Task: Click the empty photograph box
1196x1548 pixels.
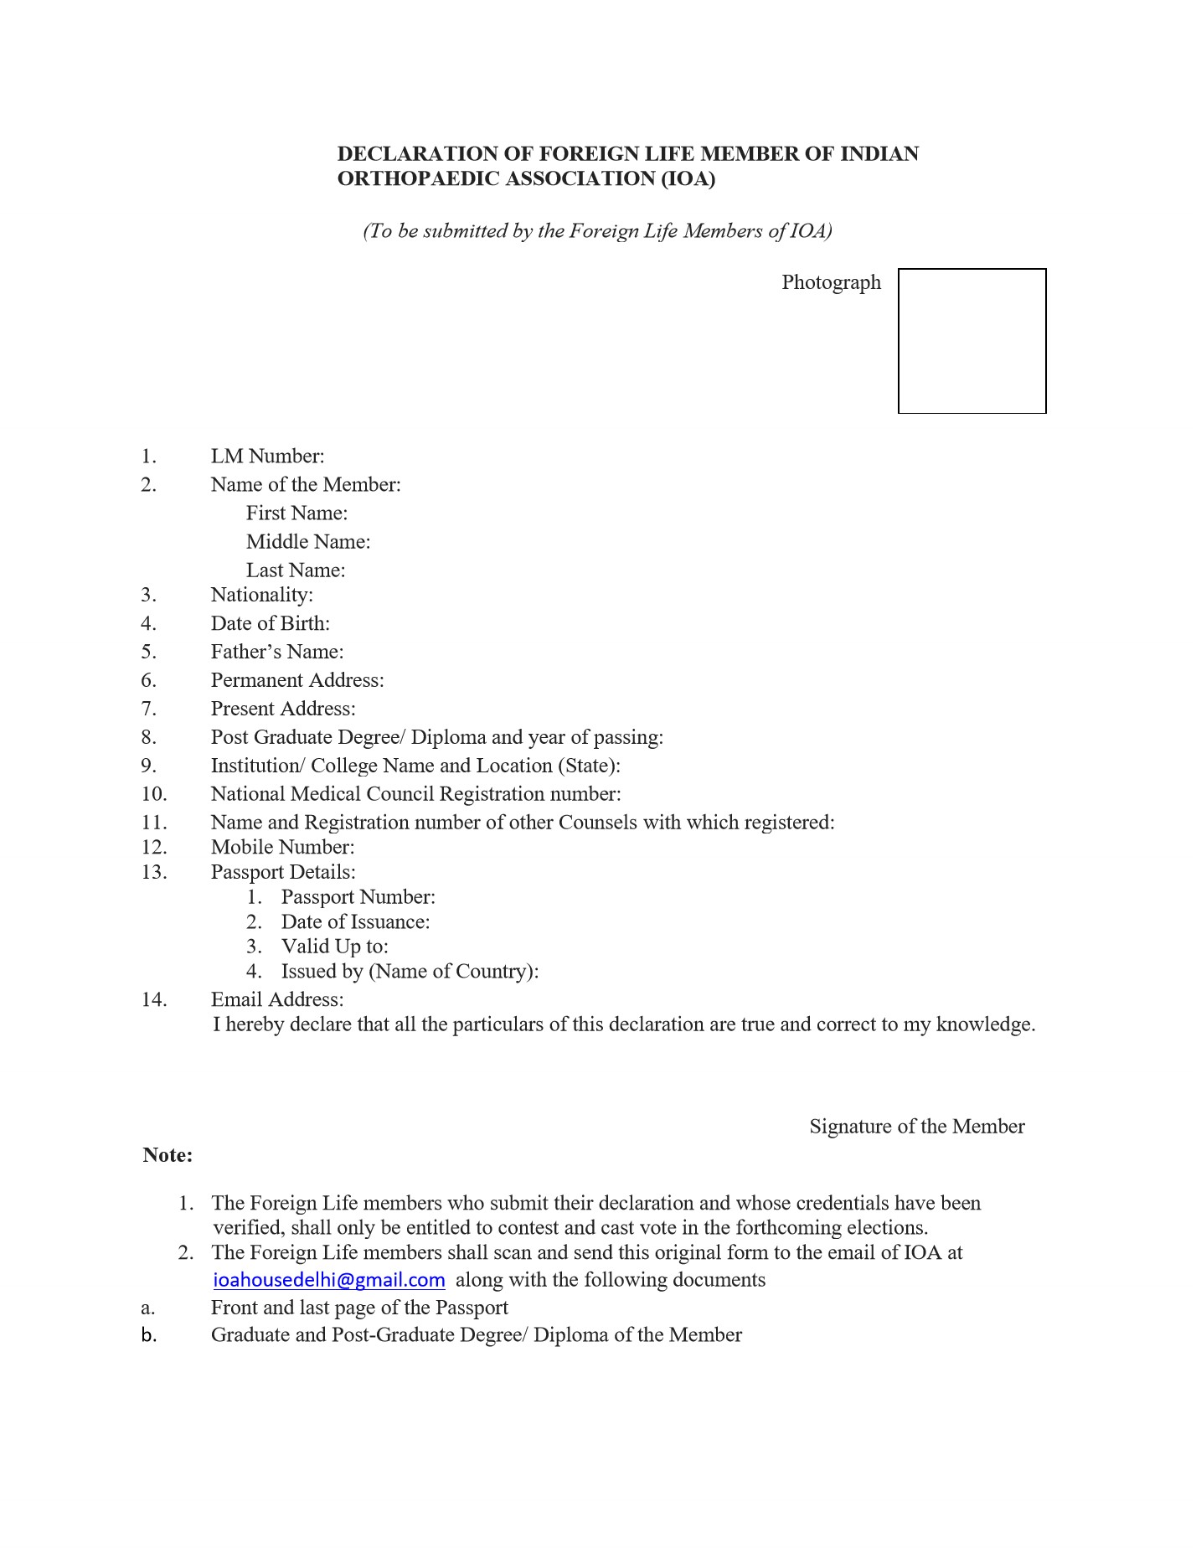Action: pos(972,341)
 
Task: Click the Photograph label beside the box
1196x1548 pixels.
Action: pos(831,282)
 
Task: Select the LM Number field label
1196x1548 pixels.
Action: pos(267,457)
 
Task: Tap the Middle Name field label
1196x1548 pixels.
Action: pos(308,542)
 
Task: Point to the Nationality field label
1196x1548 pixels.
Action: pos(261,595)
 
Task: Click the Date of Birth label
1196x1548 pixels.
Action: pos(270,623)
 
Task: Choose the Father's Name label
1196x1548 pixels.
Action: pos(277,652)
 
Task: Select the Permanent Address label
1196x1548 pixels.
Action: pos(297,680)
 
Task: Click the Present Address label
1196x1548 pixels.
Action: pos(283,709)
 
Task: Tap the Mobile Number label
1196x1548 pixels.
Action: pos(282,847)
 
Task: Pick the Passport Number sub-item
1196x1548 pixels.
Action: pos(358,897)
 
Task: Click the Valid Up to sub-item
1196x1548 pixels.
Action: pos(334,947)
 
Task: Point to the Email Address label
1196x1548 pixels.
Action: pos(277,999)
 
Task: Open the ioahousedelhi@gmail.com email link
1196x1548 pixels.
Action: pos(329,1280)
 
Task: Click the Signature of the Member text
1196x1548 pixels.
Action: pos(916,1127)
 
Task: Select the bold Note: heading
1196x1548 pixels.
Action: pos(168,1155)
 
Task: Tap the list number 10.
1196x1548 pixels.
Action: pos(154,794)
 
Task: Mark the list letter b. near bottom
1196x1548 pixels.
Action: pos(149,1335)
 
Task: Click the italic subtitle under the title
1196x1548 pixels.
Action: pos(597,231)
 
